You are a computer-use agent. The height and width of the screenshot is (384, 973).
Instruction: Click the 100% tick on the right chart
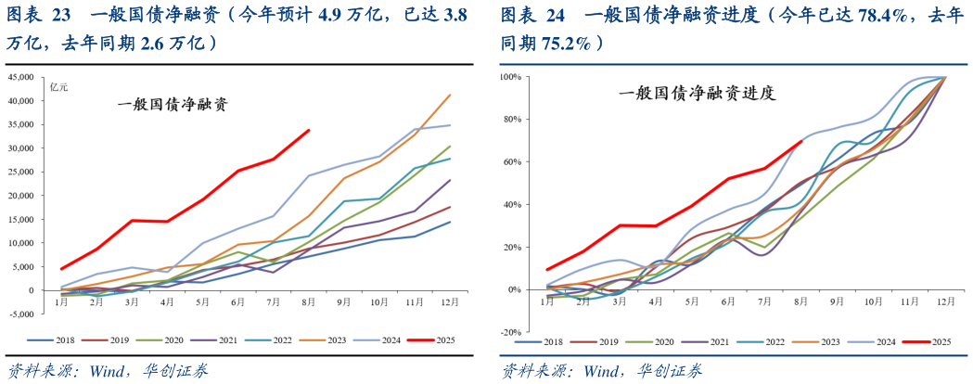click(512, 77)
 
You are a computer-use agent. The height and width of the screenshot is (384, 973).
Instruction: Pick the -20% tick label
click(512, 332)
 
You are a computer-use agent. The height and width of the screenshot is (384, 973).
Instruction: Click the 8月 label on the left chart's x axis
click(309, 303)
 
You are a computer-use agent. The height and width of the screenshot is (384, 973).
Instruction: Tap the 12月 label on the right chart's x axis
click(945, 303)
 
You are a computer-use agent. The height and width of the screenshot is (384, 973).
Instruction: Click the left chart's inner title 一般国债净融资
click(173, 105)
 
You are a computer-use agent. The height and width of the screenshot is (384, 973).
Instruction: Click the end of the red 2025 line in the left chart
click(309, 130)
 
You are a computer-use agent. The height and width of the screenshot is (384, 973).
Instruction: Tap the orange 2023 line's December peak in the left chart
click(451, 95)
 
